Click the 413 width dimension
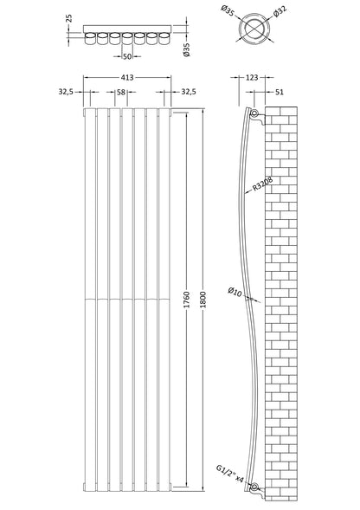pos(127,77)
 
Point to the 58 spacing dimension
pos(121,92)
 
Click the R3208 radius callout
pos(262,184)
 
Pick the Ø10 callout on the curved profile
pos(235,291)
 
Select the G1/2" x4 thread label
pos(230,474)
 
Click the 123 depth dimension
pos(251,77)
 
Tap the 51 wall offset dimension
pos(280,92)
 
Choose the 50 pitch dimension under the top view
pos(127,56)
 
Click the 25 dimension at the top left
pos(68,18)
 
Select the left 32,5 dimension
pos(66,92)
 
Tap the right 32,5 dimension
pos(189,92)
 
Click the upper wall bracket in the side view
pos(258,117)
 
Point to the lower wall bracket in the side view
pos(258,491)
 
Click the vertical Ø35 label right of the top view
pos(186,50)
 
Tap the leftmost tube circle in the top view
pos(90,38)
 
